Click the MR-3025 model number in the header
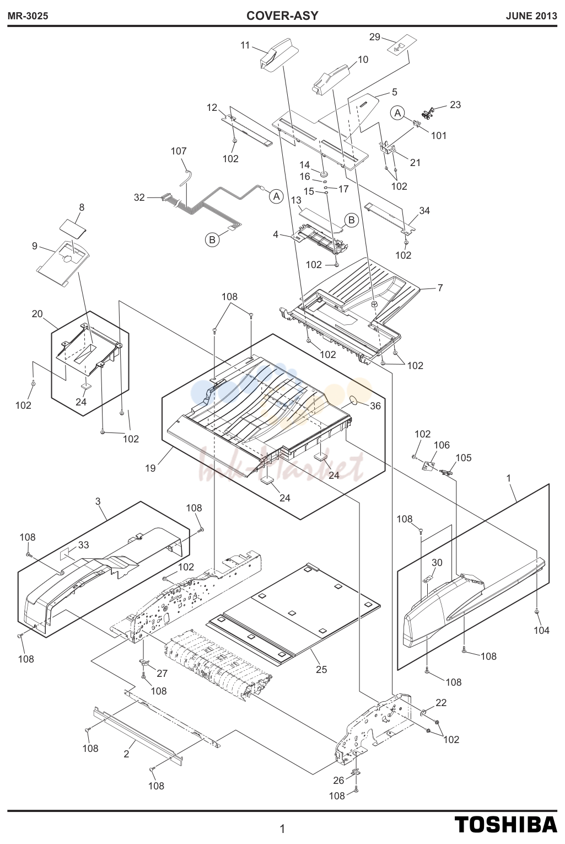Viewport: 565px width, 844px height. [28, 16]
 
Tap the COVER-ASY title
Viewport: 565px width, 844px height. [282, 15]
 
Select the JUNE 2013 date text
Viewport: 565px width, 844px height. [531, 16]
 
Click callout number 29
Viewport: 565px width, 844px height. [374, 37]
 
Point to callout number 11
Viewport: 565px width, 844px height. [245, 46]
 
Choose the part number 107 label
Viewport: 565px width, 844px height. [179, 151]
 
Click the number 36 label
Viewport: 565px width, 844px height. [375, 406]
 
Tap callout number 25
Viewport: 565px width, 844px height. [321, 669]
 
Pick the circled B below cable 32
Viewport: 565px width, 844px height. [212, 239]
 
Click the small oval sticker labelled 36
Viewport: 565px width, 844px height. [354, 400]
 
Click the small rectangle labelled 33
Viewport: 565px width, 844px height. [66, 553]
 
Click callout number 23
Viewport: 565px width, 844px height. [455, 105]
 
